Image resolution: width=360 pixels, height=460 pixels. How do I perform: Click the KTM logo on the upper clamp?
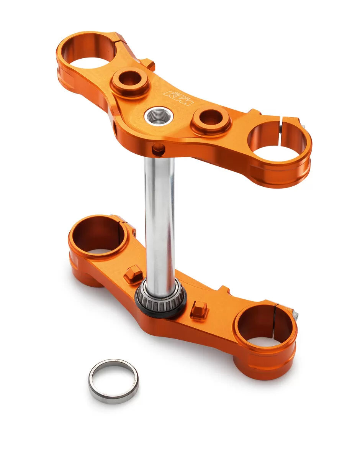click(179, 98)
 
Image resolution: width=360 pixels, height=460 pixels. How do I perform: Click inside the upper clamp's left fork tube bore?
click(89, 52)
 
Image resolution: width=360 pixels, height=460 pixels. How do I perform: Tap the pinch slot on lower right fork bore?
click(275, 314)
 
